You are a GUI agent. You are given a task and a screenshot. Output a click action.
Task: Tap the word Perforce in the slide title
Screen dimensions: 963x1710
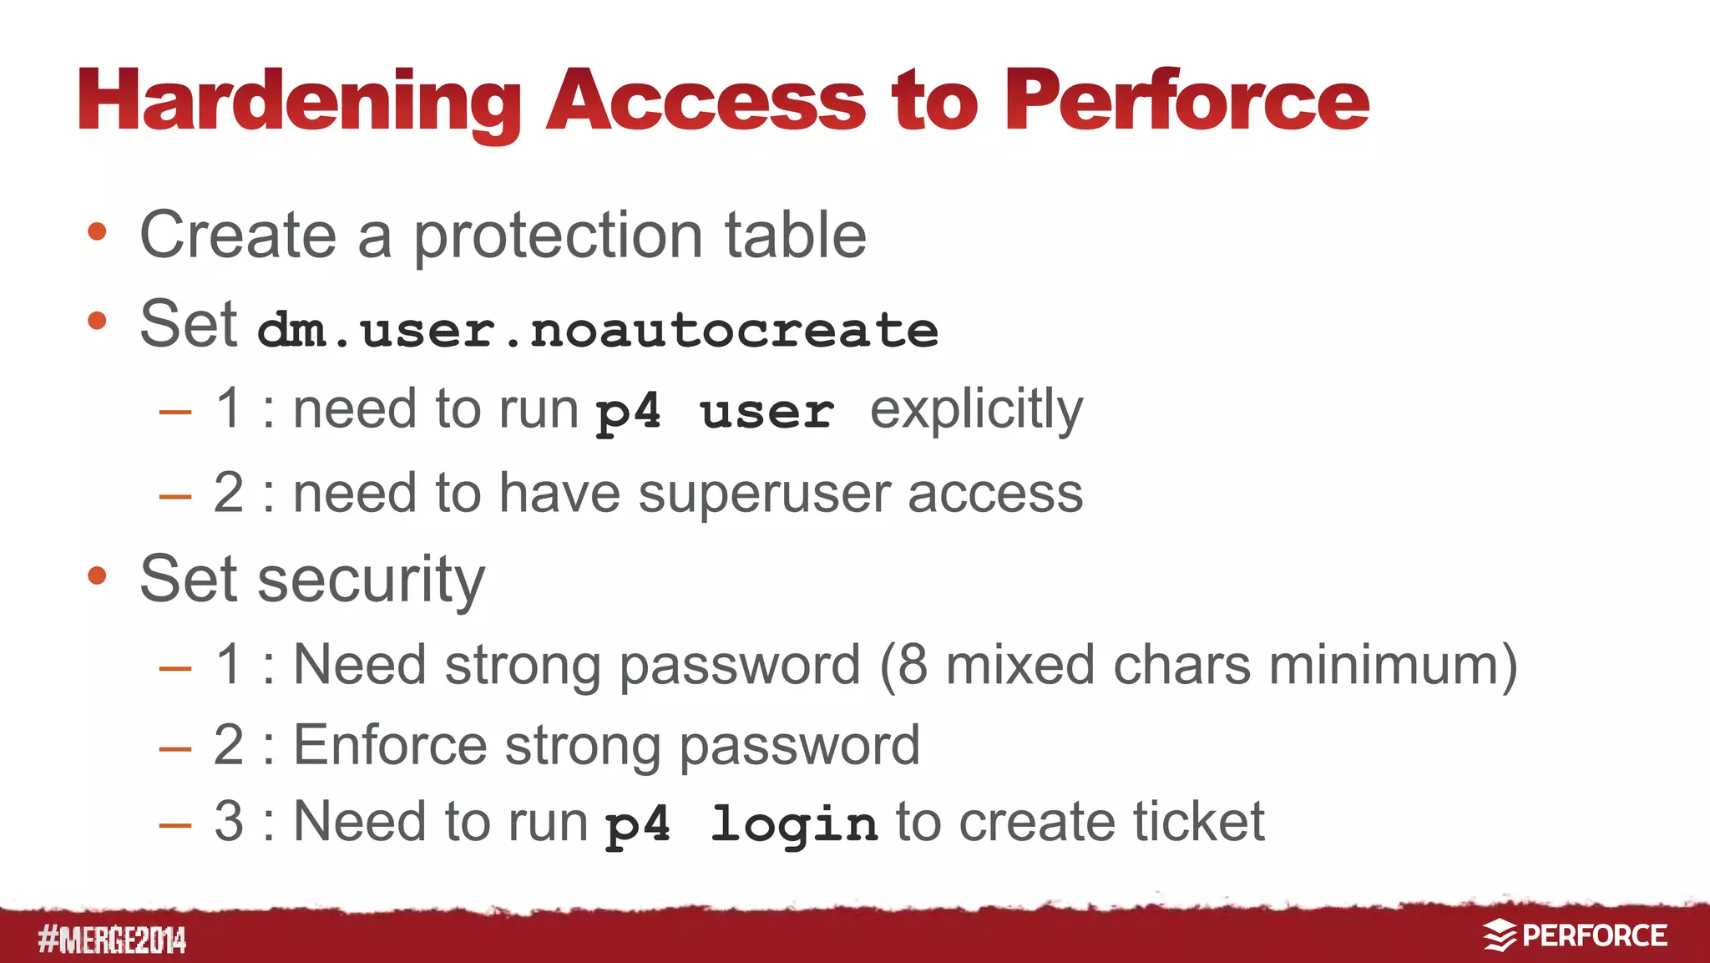[x=1186, y=102]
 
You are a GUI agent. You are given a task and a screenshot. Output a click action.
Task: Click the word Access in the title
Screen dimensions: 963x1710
[x=706, y=102]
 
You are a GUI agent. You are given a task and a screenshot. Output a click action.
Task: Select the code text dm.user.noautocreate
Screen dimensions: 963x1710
[x=598, y=330]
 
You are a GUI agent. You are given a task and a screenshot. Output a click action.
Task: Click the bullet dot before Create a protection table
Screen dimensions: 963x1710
[x=98, y=232]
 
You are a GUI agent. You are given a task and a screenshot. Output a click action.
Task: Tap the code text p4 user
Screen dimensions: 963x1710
[x=715, y=412]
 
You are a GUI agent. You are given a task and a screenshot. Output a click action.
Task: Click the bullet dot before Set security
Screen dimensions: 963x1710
[x=98, y=575]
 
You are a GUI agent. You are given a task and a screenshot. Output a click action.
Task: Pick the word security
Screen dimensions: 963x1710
[x=371, y=580]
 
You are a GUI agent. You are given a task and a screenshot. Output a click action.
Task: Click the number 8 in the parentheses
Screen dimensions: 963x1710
[x=913, y=666]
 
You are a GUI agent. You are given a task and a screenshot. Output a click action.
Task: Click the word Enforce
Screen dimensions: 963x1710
[x=390, y=745]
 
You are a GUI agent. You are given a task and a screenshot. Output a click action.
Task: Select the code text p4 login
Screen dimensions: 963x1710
[x=741, y=824]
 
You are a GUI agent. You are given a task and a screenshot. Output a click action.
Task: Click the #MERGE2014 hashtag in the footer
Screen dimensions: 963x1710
[x=112, y=940]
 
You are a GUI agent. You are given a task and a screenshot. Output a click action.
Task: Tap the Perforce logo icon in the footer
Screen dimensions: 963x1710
[x=1500, y=935]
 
